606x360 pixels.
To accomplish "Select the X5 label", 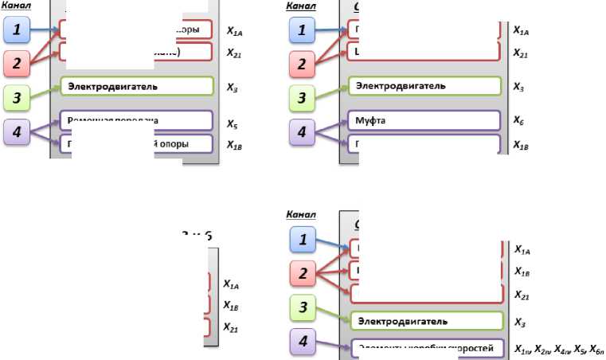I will tap(230, 124).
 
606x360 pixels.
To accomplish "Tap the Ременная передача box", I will tap(136, 120).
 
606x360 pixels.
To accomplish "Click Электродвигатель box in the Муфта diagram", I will tap(426, 85).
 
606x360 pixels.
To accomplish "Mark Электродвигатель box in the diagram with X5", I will tap(136, 85).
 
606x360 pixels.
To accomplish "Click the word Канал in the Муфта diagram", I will tap(299, 6).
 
